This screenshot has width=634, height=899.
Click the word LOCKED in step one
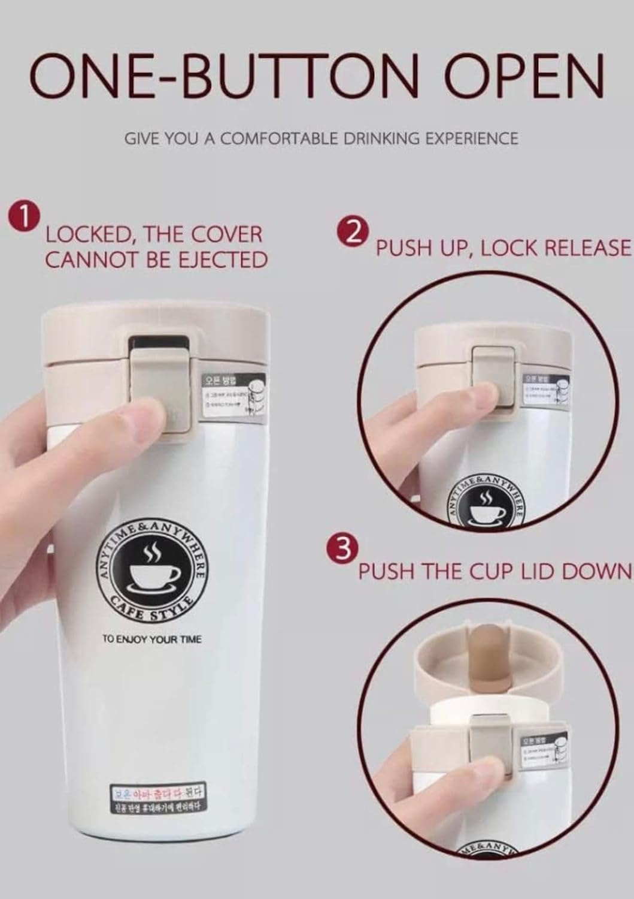(89, 234)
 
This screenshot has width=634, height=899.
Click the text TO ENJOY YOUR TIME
(152, 639)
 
